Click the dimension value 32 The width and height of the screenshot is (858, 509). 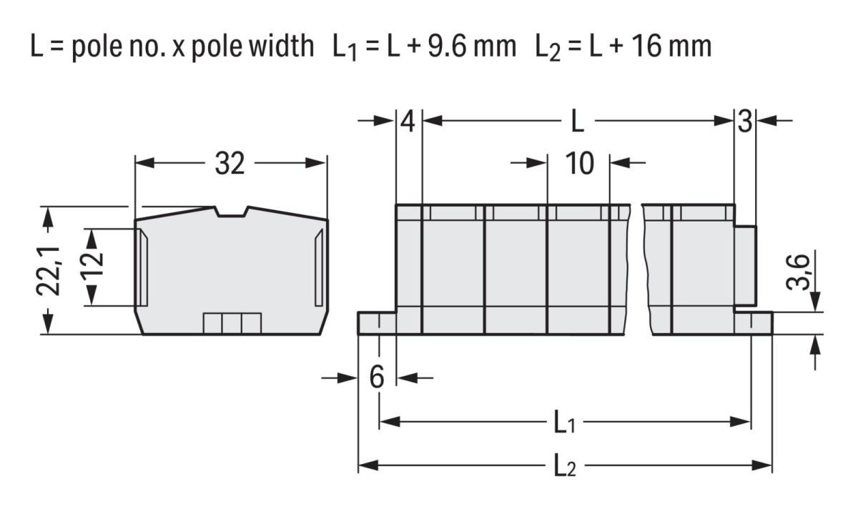[x=230, y=164]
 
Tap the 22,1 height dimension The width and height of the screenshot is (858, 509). [x=49, y=271]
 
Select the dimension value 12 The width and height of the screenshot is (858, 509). [x=92, y=264]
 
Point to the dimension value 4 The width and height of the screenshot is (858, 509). [x=408, y=122]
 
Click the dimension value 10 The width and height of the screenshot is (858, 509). [x=580, y=164]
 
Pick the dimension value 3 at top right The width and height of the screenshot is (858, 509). [x=745, y=122]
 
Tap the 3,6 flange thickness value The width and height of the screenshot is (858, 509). [x=798, y=272]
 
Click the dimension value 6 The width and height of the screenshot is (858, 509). [x=377, y=377]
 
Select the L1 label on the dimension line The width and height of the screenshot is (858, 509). [x=565, y=422]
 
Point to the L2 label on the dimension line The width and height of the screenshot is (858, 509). [x=565, y=465]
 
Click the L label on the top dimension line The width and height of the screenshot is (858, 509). [x=577, y=122]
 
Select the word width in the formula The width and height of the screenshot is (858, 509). [x=282, y=46]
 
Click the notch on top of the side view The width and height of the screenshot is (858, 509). [x=232, y=212]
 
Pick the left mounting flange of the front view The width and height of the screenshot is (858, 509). [x=377, y=323]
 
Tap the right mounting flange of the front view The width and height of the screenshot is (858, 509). [x=754, y=323]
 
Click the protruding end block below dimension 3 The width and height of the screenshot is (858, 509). [x=745, y=266]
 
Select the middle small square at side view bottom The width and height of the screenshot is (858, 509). [x=232, y=323]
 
